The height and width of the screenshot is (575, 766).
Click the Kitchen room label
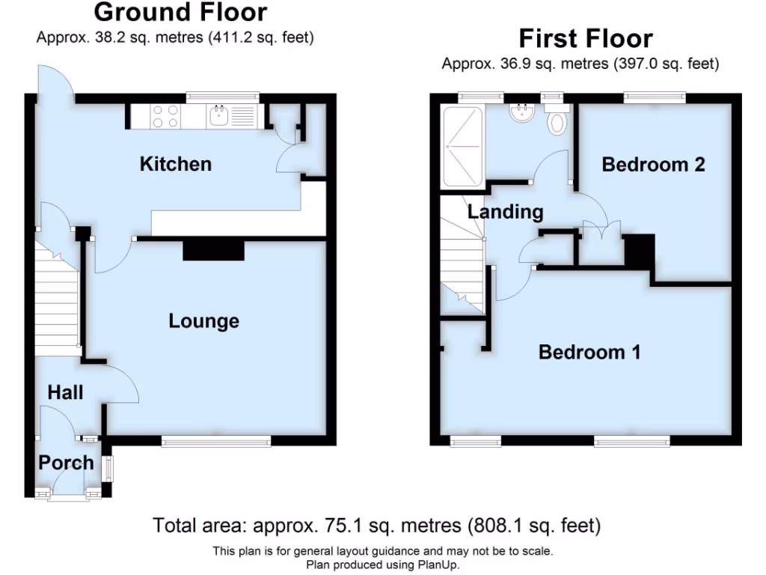[x=176, y=164]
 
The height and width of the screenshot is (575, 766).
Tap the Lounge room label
[x=203, y=321]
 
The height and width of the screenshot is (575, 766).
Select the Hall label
[x=65, y=392]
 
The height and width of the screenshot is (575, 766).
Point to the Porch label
[x=66, y=463]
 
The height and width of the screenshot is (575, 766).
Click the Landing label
[x=505, y=212]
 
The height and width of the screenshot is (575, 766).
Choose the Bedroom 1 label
[x=589, y=352]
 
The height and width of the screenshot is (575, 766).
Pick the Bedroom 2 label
[x=653, y=165]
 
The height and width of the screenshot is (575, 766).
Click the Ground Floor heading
[x=180, y=13]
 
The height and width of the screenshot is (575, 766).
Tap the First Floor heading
[x=585, y=38]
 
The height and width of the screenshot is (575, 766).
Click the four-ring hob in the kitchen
[x=165, y=116]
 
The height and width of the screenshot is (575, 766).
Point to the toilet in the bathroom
[x=557, y=121]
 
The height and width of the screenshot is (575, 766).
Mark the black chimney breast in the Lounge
[x=214, y=251]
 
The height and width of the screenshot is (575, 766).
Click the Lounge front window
[x=216, y=442]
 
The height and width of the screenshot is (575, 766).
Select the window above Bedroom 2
[x=655, y=96]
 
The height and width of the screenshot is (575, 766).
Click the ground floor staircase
[x=57, y=303]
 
